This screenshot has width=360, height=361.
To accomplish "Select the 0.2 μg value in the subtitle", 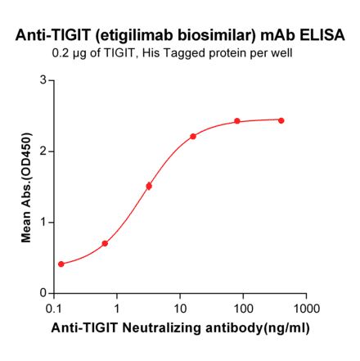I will (x=67, y=54).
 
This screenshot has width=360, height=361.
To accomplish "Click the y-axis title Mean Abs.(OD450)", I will (x=27, y=186).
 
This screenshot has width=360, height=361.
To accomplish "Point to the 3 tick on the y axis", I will (x=42, y=80).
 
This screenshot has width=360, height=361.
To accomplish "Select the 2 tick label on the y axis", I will (x=42, y=151).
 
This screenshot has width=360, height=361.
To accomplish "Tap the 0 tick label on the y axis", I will (x=42, y=293).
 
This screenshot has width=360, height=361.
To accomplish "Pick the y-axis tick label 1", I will (x=42, y=222).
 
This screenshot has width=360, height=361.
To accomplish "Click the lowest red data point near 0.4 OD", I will (x=61, y=264).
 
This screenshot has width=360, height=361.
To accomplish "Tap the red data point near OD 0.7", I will (x=105, y=243).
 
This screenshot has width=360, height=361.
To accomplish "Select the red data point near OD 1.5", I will (x=149, y=186).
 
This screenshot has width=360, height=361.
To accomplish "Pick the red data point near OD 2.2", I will (x=193, y=137).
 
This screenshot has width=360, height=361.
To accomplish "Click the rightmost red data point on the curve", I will (x=281, y=120).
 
